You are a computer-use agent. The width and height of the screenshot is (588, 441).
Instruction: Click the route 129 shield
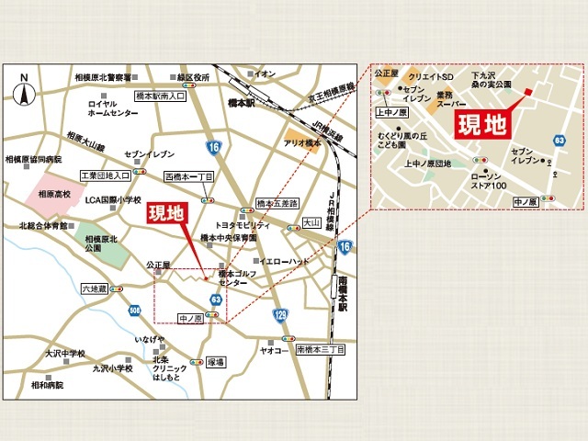pos(279,315)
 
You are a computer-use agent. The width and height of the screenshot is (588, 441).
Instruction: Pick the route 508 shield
pos(135,311)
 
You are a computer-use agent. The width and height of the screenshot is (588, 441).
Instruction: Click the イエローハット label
pos(283,261)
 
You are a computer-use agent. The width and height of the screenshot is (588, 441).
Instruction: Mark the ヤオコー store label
pos(275,350)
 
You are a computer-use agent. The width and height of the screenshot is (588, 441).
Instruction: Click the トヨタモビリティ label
pos(241,224)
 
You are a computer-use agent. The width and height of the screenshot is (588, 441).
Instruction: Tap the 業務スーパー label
pos(450,100)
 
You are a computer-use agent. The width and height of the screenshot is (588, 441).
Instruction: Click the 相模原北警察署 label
pos(103,78)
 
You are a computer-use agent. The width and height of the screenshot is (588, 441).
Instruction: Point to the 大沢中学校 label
pos(64,352)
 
